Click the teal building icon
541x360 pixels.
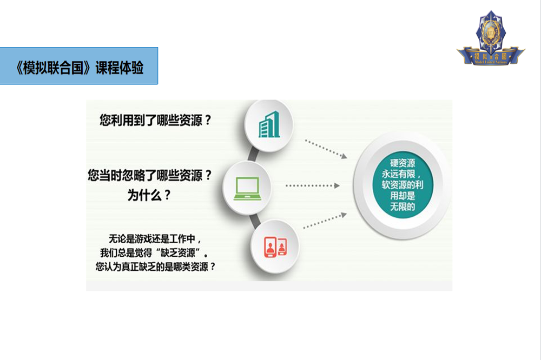click(269, 124)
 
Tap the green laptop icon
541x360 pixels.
click(247, 189)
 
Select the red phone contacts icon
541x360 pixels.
click(275, 247)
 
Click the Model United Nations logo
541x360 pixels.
click(491, 38)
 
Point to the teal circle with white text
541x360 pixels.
click(403, 185)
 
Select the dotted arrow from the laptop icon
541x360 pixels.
click(313, 186)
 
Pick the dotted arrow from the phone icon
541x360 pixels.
click(325, 221)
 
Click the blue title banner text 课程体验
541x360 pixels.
click(120, 68)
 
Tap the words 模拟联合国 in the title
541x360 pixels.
click(53, 68)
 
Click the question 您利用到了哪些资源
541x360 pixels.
click(151, 121)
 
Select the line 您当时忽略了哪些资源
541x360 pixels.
click(145, 176)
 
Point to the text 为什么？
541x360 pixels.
click(149, 195)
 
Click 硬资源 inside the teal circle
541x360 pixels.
click(403, 163)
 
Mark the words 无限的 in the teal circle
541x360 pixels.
click(403, 207)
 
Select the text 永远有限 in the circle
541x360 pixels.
click(399, 174)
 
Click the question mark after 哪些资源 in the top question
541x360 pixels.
click(208, 121)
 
